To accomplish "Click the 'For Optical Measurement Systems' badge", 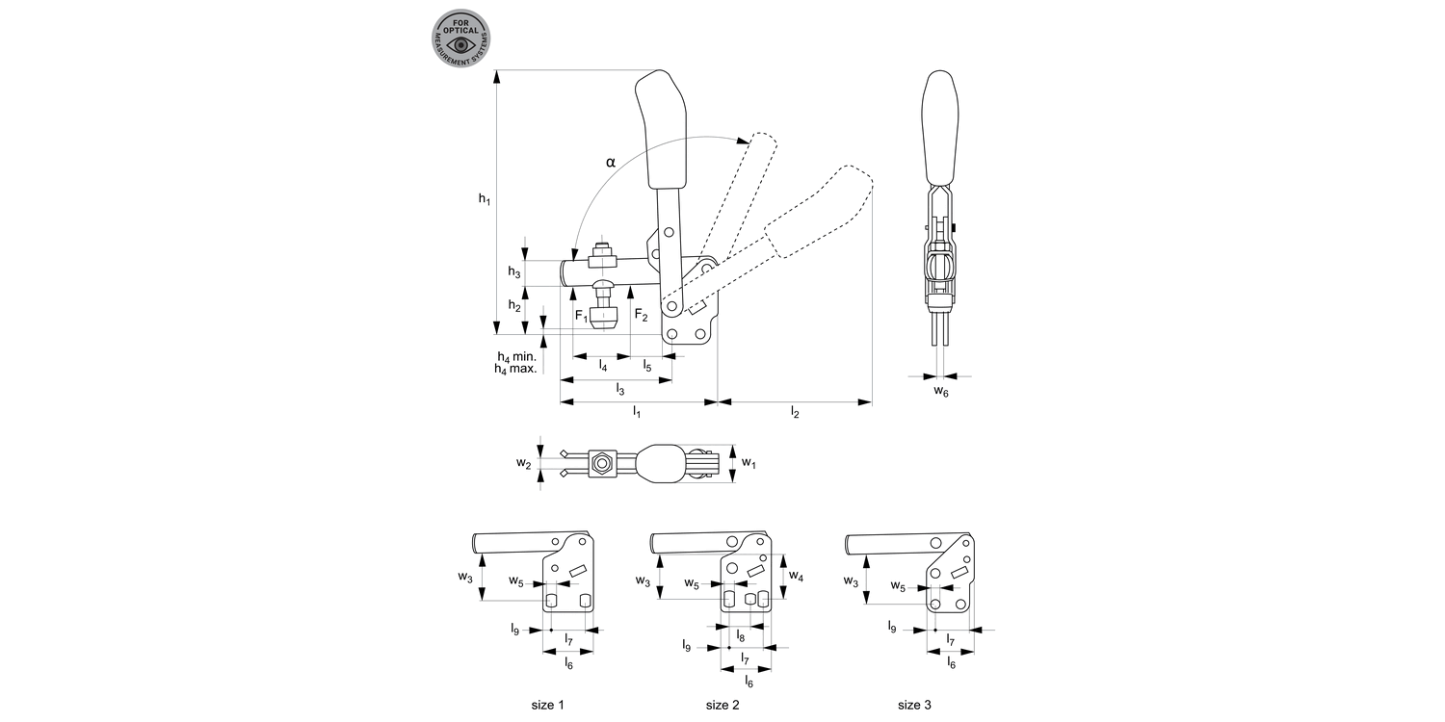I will pyautogui.click(x=461, y=39).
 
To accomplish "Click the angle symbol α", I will pyautogui.click(x=610, y=162).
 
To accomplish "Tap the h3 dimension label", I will pyautogui.click(x=514, y=272).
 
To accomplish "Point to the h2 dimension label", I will pyautogui.click(x=514, y=308).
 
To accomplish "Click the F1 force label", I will pyautogui.click(x=581, y=316).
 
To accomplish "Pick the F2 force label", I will pyautogui.click(x=641, y=315).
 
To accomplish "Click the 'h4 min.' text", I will pyautogui.click(x=516, y=356).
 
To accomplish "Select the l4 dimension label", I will pyautogui.click(x=603, y=366).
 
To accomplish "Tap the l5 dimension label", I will pyautogui.click(x=647, y=366).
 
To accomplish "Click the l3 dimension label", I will pyautogui.click(x=620, y=389).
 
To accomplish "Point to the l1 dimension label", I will pyautogui.click(x=636, y=412).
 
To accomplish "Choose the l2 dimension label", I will pyautogui.click(x=795, y=412).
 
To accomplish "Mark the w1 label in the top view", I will pyautogui.click(x=749, y=464).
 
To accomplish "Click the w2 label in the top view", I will pyautogui.click(x=523, y=464).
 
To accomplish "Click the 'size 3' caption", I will pyautogui.click(x=914, y=705).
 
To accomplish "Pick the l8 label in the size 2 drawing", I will pyautogui.click(x=740, y=636).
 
